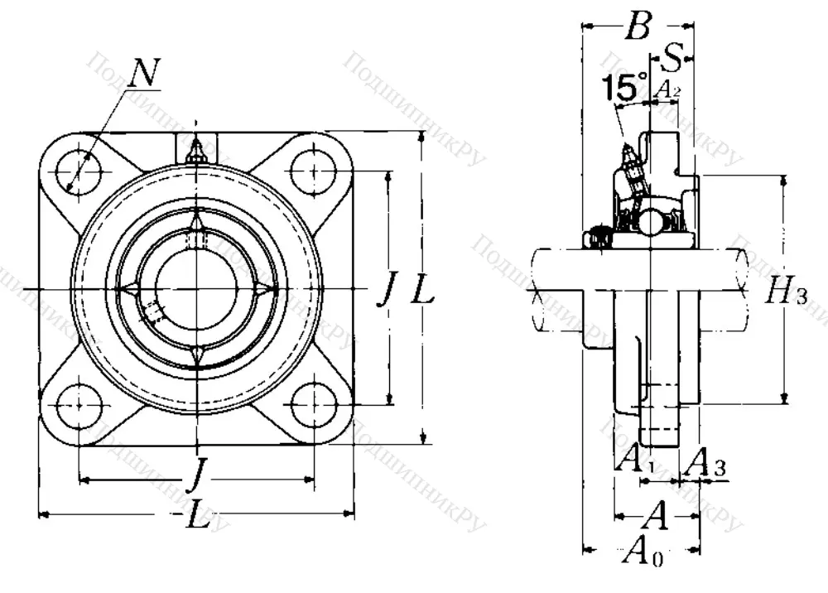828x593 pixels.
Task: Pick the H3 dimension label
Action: [785, 290]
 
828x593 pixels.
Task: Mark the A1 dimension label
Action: [635, 457]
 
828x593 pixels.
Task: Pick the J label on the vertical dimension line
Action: [385, 289]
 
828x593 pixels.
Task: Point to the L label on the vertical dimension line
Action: [421, 289]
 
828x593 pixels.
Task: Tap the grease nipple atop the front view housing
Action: [196, 152]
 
